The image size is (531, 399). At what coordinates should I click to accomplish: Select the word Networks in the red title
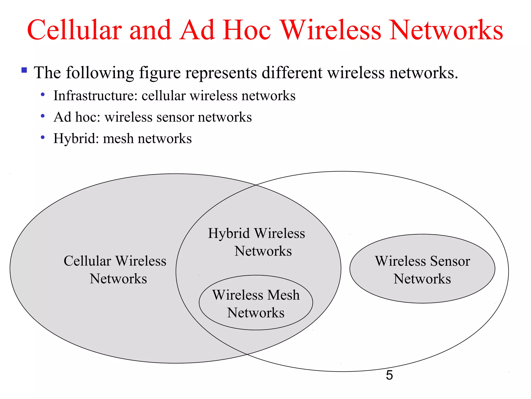click(446, 30)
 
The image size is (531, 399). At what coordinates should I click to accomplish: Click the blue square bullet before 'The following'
click(24, 70)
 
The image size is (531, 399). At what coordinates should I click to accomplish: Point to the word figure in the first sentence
click(160, 73)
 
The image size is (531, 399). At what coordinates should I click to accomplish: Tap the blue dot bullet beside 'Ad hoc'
click(43, 116)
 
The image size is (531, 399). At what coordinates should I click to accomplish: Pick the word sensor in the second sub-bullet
click(175, 117)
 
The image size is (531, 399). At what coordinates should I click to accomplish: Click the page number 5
click(389, 375)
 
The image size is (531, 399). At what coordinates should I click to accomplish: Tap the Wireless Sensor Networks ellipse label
click(422, 270)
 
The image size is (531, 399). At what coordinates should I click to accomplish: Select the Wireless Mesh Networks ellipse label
click(256, 304)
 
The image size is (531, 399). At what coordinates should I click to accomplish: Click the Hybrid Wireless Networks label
click(257, 242)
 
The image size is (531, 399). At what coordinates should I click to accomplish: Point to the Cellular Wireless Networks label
click(115, 270)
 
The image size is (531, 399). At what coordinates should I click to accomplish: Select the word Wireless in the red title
click(331, 30)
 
